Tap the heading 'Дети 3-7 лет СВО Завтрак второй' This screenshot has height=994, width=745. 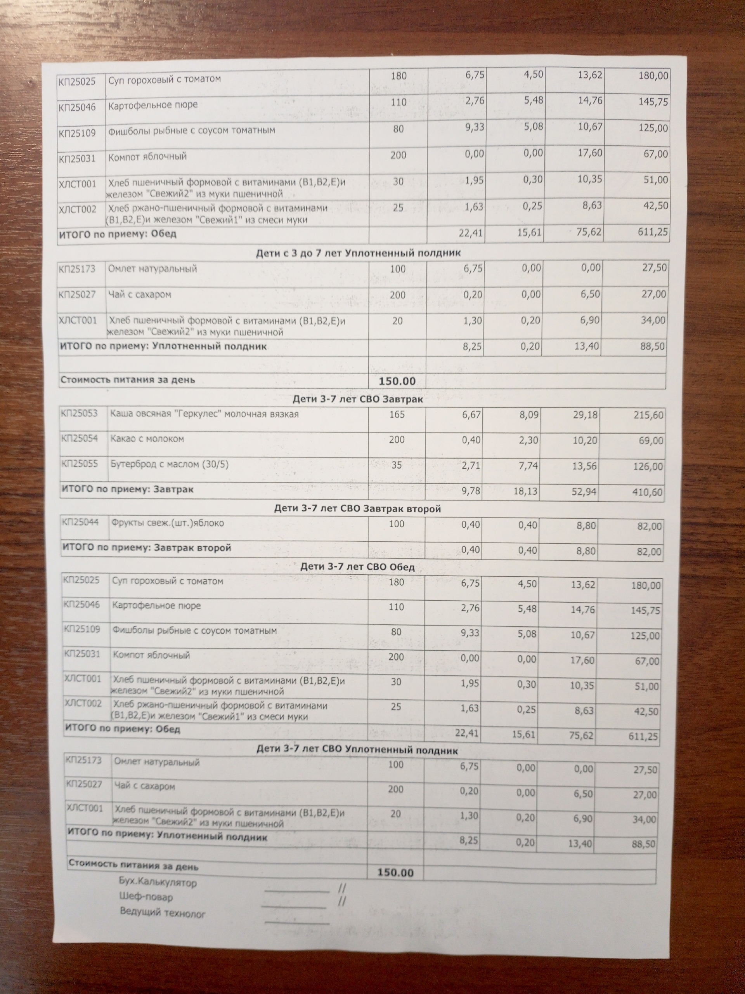(x=357, y=509)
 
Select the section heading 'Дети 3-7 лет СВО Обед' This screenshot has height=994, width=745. (x=357, y=567)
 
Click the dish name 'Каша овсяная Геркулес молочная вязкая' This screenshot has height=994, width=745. (x=204, y=414)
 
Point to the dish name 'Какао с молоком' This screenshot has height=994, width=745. (x=147, y=439)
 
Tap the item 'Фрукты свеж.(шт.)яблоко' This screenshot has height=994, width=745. (x=168, y=523)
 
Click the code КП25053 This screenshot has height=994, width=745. (x=80, y=414)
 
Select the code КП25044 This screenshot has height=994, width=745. (x=81, y=522)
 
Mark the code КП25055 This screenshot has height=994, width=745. (x=80, y=463)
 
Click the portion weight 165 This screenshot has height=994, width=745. (x=397, y=414)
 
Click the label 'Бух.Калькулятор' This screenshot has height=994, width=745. (x=158, y=882)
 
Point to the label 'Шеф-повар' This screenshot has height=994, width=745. (x=146, y=897)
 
